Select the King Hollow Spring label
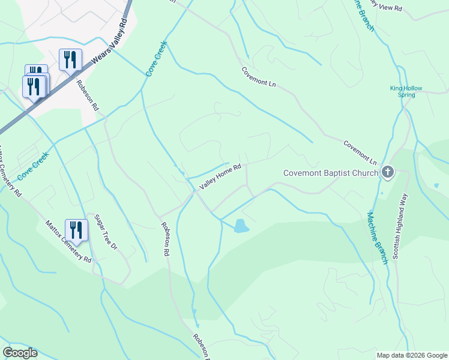(x=406, y=91)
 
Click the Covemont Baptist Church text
(x=331, y=173)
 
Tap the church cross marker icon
(x=388, y=173)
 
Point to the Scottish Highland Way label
(x=400, y=226)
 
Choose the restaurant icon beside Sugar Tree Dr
(x=76, y=230)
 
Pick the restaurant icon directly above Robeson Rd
(x=71, y=60)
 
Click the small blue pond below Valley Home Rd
(x=241, y=226)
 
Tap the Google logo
(x=20, y=353)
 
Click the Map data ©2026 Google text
(x=412, y=355)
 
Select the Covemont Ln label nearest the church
(x=360, y=153)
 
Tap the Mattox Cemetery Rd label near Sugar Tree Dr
(x=68, y=242)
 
